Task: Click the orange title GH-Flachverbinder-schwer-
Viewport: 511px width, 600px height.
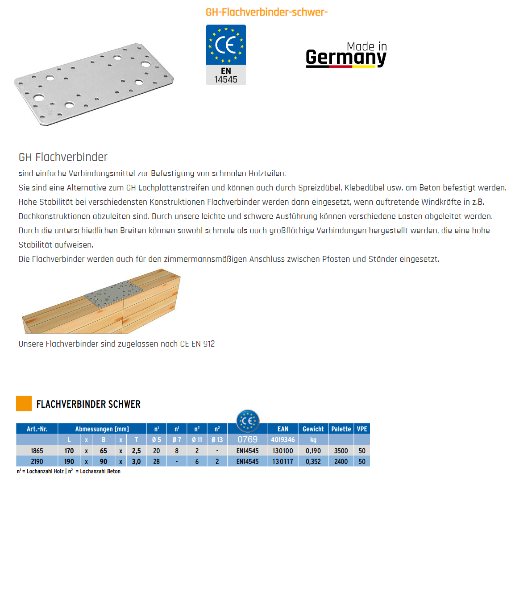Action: pyautogui.click(x=266, y=12)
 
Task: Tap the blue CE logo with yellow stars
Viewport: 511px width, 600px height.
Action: pyautogui.click(x=226, y=45)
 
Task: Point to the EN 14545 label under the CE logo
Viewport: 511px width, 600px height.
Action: pyautogui.click(x=226, y=75)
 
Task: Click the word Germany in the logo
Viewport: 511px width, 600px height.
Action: pyautogui.click(x=346, y=58)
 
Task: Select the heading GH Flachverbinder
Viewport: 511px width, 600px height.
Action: pyautogui.click(x=63, y=157)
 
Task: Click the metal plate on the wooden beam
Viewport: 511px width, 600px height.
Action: pyautogui.click(x=114, y=293)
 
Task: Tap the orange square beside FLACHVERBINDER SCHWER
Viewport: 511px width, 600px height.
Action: pyautogui.click(x=24, y=403)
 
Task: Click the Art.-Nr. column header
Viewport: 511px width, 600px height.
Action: pyautogui.click(x=37, y=429)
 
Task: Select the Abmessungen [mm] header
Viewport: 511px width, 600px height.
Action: pyautogui.click(x=102, y=429)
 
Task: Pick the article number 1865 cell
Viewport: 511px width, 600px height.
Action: pyautogui.click(x=37, y=451)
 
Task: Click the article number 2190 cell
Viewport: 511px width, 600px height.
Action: pyautogui.click(x=37, y=462)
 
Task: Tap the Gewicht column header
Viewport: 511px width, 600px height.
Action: pyautogui.click(x=313, y=429)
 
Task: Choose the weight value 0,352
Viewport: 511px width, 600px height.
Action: pyautogui.click(x=313, y=462)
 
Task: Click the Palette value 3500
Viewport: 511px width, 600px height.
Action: pyautogui.click(x=341, y=451)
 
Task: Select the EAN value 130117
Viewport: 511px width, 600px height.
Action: pyautogui.click(x=283, y=462)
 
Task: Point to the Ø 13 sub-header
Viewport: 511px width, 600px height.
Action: pyautogui.click(x=217, y=440)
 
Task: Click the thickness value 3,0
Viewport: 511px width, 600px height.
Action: pyautogui.click(x=136, y=462)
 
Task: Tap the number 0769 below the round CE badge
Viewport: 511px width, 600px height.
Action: pyautogui.click(x=247, y=439)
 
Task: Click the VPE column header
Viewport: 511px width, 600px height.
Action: pyautogui.click(x=362, y=429)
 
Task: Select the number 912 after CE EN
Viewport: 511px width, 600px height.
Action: pyautogui.click(x=209, y=344)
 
